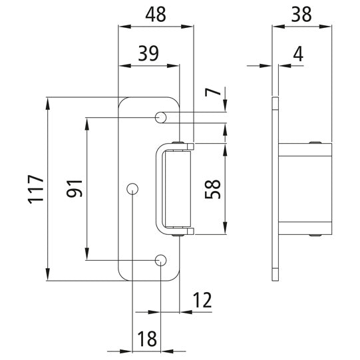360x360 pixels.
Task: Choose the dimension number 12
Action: (x=202, y=301)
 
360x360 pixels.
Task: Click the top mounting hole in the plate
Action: (x=160, y=117)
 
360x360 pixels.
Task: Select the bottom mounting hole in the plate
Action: (x=160, y=260)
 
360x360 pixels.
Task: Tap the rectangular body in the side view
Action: (x=305, y=188)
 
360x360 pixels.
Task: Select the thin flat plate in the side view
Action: (x=275, y=188)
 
